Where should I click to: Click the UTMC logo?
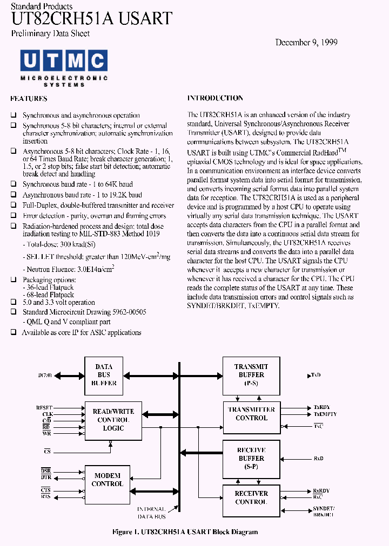click(64, 69)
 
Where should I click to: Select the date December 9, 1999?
click(306, 42)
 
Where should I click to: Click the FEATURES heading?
click(29, 99)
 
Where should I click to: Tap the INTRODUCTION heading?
click(215, 98)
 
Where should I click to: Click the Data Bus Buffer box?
click(104, 375)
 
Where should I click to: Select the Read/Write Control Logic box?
click(113, 420)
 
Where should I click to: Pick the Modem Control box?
click(107, 480)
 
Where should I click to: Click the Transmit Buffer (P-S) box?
click(251, 374)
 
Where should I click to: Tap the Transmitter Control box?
click(251, 414)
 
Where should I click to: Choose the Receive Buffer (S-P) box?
click(251, 458)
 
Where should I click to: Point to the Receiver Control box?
click(251, 497)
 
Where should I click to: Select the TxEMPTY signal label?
click(325, 414)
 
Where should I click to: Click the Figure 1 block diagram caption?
click(185, 532)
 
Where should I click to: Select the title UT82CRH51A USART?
click(91, 18)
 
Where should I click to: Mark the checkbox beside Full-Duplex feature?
click(14, 206)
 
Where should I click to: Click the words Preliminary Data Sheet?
click(50, 33)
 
